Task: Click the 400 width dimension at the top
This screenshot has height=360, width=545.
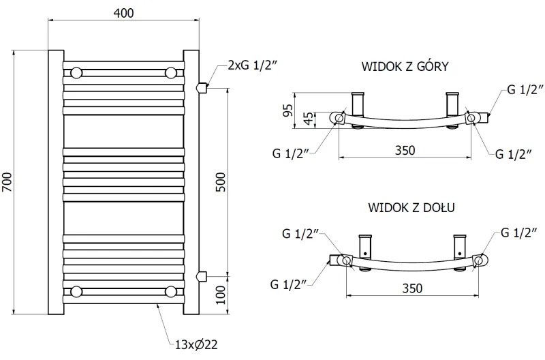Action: coord(124,13)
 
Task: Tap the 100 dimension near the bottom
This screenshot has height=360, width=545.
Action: coord(220,295)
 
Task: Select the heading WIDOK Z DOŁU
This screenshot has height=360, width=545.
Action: coord(411,207)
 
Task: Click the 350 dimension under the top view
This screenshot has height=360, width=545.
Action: coord(405,150)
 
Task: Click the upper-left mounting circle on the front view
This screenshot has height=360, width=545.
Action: coord(77,72)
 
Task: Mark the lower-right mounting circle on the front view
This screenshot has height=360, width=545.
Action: coord(171,292)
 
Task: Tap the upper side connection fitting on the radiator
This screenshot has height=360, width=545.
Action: coord(201,87)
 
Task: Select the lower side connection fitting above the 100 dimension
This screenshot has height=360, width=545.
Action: coord(201,275)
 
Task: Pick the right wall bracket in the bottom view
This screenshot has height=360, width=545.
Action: coord(461,245)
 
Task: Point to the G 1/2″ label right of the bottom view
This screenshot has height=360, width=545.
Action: coord(519,234)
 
